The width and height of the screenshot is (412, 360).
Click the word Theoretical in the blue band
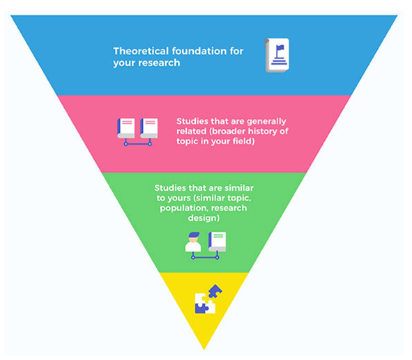(x=141, y=51)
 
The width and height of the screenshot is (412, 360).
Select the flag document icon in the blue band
(x=277, y=56)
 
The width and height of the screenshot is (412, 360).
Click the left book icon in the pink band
(x=126, y=128)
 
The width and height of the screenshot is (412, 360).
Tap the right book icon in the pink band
(x=149, y=128)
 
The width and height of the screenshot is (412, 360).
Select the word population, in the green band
(x=181, y=208)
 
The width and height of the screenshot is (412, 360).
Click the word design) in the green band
(x=204, y=218)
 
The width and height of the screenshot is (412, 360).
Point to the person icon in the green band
(x=193, y=242)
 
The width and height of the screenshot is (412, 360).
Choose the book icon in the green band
(x=217, y=242)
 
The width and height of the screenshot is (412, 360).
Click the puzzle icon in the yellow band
(x=208, y=299)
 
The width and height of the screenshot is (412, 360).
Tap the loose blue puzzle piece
(x=215, y=291)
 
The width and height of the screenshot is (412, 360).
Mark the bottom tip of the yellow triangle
(x=204, y=350)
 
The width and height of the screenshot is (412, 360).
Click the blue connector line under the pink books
(x=138, y=143)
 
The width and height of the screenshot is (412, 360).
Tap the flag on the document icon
(x=280, y=48)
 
